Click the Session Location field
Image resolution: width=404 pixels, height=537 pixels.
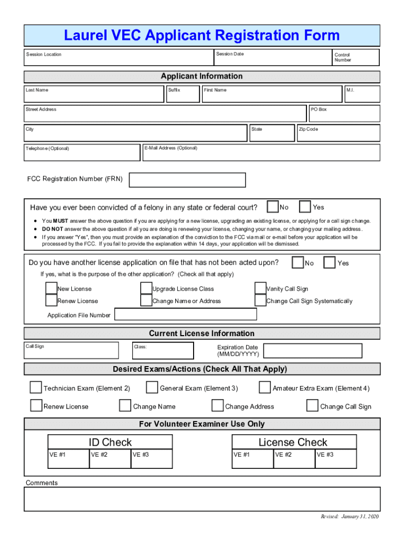tap(118, 58)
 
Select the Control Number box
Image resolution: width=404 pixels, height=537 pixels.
tap(356, 57)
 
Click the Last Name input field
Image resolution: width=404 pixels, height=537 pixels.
tap(94, 94)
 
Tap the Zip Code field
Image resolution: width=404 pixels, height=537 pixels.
tap(338, 133)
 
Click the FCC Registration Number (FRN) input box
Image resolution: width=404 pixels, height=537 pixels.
tap(187, 180)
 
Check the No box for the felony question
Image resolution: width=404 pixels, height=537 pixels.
tap(273, 207)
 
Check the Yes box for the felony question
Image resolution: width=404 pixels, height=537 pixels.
tap(305, 207)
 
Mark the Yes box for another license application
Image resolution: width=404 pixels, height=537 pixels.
tap(329, 262)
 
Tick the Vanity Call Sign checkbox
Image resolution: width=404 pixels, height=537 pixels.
tap(260, 288)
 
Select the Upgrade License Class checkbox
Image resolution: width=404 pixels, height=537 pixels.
tap(146, 288)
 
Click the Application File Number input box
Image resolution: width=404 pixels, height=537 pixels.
tap(186, 314)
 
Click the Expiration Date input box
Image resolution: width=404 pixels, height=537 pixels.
tap(312, 350)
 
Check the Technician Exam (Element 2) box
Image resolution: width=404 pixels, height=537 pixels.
tap(36, 388)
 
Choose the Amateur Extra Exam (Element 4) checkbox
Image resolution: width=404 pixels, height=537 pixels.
tap(264, 388)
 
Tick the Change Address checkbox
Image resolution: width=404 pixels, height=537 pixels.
tap(217, 406)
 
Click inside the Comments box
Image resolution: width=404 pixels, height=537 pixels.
tap(202, 499)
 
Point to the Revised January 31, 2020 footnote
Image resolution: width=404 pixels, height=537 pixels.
tap(349, 517)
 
